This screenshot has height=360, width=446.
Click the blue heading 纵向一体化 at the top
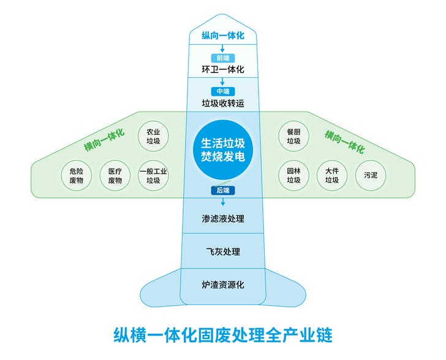pyautogui.click(x=223, y=36)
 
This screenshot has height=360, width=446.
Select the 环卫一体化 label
pyautogui.click(x=223, y=69)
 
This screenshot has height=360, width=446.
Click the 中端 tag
pyautogui.click(x=223, y=91)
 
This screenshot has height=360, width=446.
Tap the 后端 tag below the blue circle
pyautogui.click(x=223, y=191)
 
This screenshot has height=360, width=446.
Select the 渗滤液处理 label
pyautogui.click(x=223, y=218)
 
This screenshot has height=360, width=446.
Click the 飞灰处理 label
pyautogui.click(x=223, y=252)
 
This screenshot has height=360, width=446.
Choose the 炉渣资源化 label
pyautogui.click(x=223, y=285)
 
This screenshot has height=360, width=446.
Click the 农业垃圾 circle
pyautogui.click(x=153, y=136)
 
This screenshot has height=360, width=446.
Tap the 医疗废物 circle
pyautogui.click(x=115, y=176)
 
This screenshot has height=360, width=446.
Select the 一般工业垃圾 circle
pyautogui.click(x=153, y=176)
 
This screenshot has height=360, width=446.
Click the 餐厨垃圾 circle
pyautogui.click(x=293, y=136)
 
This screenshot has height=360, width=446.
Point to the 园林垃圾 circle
pyautogui.click(x=293, y=176)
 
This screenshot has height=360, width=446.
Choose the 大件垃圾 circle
pyautogui.click(x=332, y=176)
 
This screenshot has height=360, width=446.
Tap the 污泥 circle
pyautogui.click(x=371, y=176)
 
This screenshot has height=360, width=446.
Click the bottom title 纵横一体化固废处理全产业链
pyautogui.click(x=223, y=335)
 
